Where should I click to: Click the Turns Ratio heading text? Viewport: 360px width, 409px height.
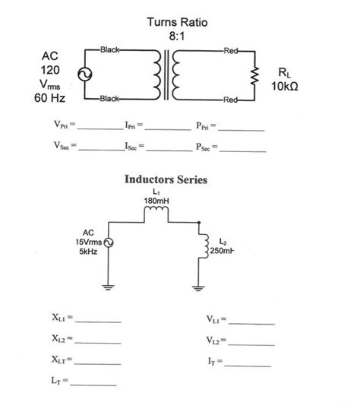click(x=176, y=24)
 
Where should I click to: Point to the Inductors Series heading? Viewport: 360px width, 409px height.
click(x=166, y=180)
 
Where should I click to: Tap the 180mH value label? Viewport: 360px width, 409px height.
click(x=156, y=201)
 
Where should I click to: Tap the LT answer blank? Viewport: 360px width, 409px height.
click(x=94, y=383)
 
